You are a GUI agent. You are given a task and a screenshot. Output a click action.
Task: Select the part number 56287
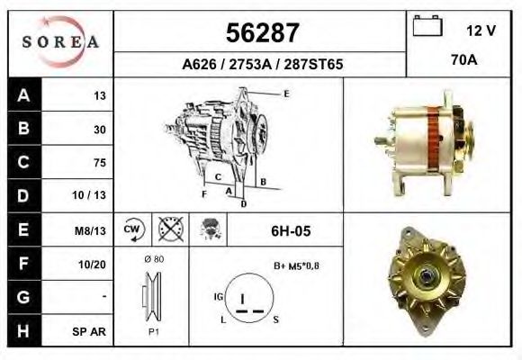pyautogui.click(x=261, y=34)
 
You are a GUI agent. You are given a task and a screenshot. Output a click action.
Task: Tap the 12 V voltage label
pyautogui.click(x=481, y=31)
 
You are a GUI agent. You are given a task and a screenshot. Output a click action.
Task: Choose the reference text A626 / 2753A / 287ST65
pyautogui.click(x=261, y=65)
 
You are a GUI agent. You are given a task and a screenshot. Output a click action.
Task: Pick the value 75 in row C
pyautogui.click(x=99, y=163)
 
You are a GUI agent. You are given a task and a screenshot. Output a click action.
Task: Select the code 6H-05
pyautogui.click(x=291, y=230)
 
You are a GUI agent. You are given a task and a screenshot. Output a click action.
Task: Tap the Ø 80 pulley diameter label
pyautogui.click(x=154, y=259)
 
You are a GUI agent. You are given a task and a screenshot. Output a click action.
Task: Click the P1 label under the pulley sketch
pyautogui.click(x=153, y=330)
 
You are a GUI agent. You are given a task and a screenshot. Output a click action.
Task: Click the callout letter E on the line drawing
pyautogui.click(x=285, y=94)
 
